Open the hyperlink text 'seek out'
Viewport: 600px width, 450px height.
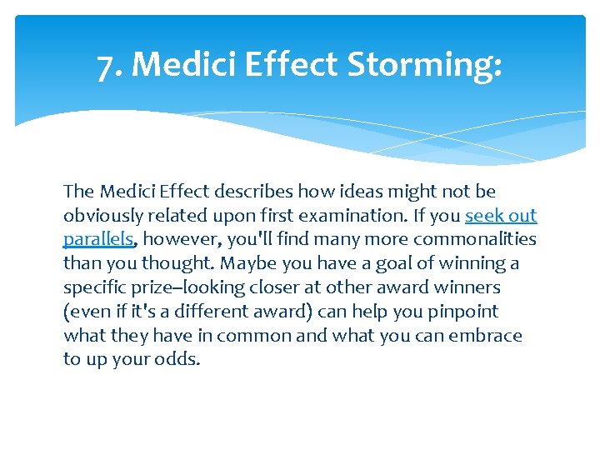coord(501,216)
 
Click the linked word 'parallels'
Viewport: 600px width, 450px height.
coord(98,240)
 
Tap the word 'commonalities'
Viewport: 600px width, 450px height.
coord(475,240)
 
